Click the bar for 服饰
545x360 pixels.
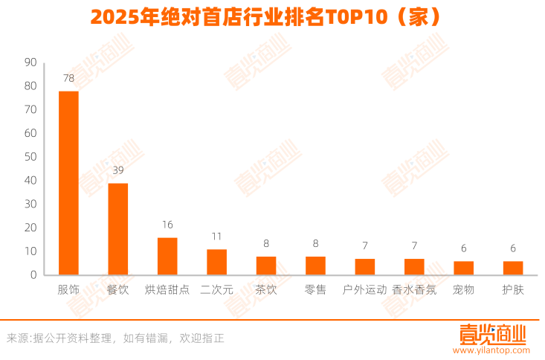(68, 183)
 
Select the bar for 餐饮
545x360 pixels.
(118, 229)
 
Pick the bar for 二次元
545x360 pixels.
(216, 262)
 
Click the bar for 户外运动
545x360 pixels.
(364, 266)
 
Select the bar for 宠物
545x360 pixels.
(463, 268)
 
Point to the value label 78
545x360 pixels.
(68, 77)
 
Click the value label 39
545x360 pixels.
(118, 170)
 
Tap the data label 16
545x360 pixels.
(167, 225)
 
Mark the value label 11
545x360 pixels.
(216, 237)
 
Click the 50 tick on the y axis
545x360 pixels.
(30, 157)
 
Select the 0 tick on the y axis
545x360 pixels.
(33, 275)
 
